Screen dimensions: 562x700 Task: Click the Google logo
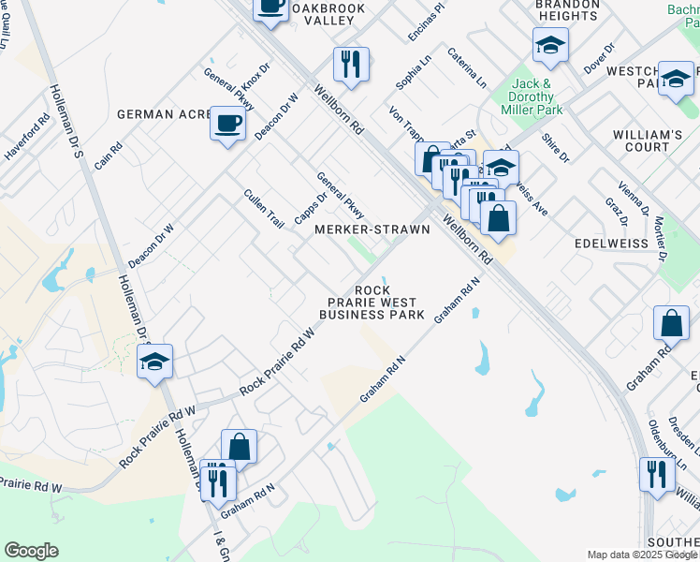coord(32,550)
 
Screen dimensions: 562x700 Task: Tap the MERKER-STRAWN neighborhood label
coord(372,229)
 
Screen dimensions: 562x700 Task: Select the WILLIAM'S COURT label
coord(648,140)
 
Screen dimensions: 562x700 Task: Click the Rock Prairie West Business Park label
coord(372,303)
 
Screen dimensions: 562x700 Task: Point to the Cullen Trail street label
coord(263,209)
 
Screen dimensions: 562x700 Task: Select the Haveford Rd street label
coord(27,138)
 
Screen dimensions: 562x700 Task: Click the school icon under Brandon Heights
coord(550,45)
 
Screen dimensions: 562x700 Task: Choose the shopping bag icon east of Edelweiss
coord(672,324)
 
